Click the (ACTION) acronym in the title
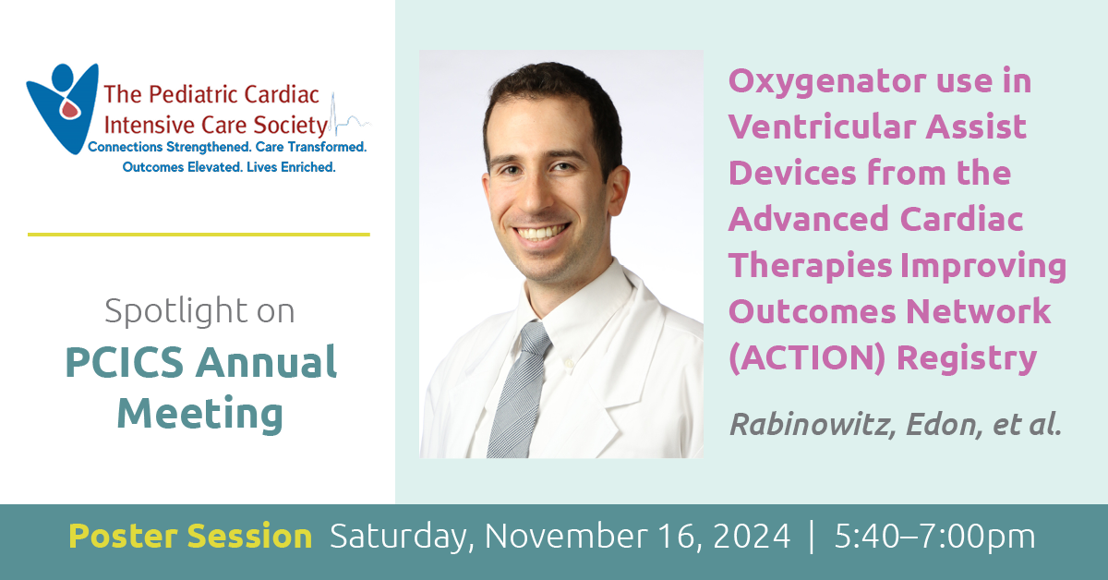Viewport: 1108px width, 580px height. click(807, 357)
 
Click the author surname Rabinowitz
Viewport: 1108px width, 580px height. click(813, 425)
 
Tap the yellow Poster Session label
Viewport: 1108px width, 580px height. click(190, 536)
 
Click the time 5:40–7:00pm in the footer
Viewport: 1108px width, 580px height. click(934, 537)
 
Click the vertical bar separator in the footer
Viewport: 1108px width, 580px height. click(812, 537)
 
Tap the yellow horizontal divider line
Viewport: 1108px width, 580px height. click(199, 235)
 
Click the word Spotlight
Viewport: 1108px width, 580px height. click(176, 311)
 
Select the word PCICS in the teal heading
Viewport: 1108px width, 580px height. click(125, 363)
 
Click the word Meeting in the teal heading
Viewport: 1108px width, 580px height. click(200, 414)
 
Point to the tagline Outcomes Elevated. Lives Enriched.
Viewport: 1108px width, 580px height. click(229, 167)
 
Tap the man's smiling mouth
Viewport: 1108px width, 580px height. click(542, 232)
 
